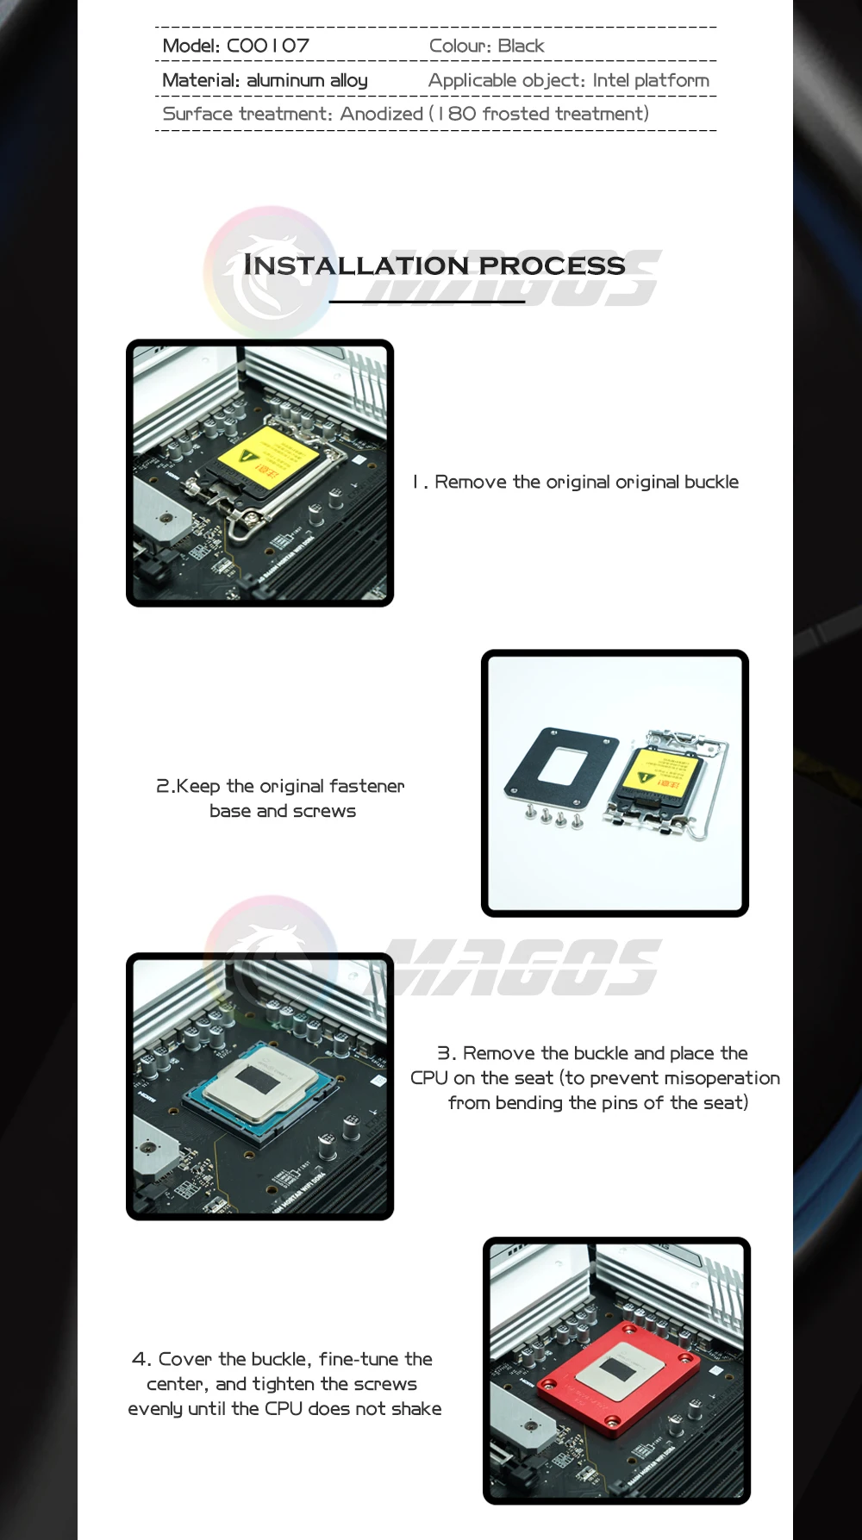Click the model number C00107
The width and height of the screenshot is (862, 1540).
(267, 46)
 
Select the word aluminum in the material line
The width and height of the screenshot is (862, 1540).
(285, 80)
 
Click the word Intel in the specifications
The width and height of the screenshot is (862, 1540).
(611, 80)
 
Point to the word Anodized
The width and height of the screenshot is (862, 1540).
(382, 114)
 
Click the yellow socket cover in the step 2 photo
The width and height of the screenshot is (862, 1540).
(661, 773)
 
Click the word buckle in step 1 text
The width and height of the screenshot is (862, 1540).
(711, 482)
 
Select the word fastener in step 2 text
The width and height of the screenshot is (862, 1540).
(366, 786)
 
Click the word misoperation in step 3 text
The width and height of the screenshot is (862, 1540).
(722, 1078)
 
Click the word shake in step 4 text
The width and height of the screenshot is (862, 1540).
(416, 1409)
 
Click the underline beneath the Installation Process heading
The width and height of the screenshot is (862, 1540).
(428, 302)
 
